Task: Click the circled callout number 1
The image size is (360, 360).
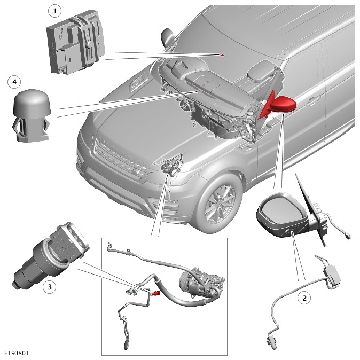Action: coord(54,11)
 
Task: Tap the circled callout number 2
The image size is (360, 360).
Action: coord(304,298)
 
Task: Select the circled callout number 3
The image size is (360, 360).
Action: coord(49,287)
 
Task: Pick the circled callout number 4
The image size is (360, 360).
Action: coord(14,82)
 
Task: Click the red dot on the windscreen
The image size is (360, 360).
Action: coord(222,55)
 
